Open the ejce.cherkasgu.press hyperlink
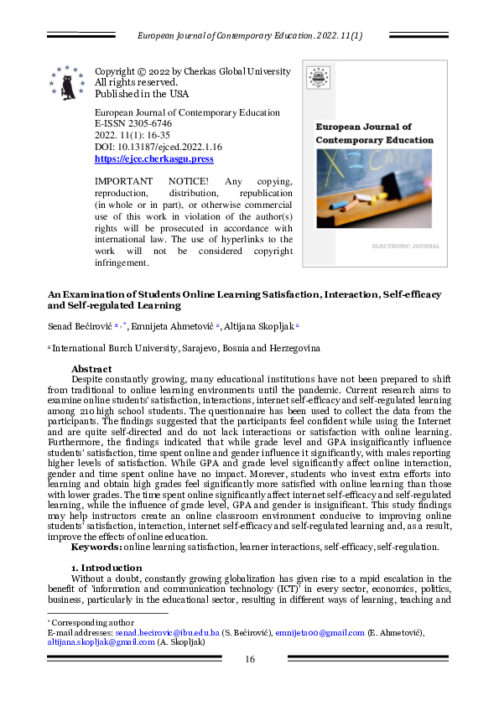[x=154, y=158]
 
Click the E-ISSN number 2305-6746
[x=149, y=122]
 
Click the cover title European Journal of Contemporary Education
[x=374, y=133]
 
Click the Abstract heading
[x=91, y=369]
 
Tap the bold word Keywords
[x=96, y=547]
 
